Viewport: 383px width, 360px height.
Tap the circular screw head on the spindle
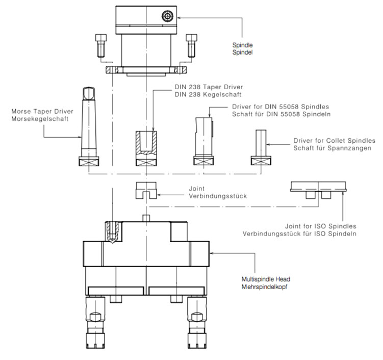166,16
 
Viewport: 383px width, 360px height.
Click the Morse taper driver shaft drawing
87,122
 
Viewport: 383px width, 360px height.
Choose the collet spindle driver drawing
261,145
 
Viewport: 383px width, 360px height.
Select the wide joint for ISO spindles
318,189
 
